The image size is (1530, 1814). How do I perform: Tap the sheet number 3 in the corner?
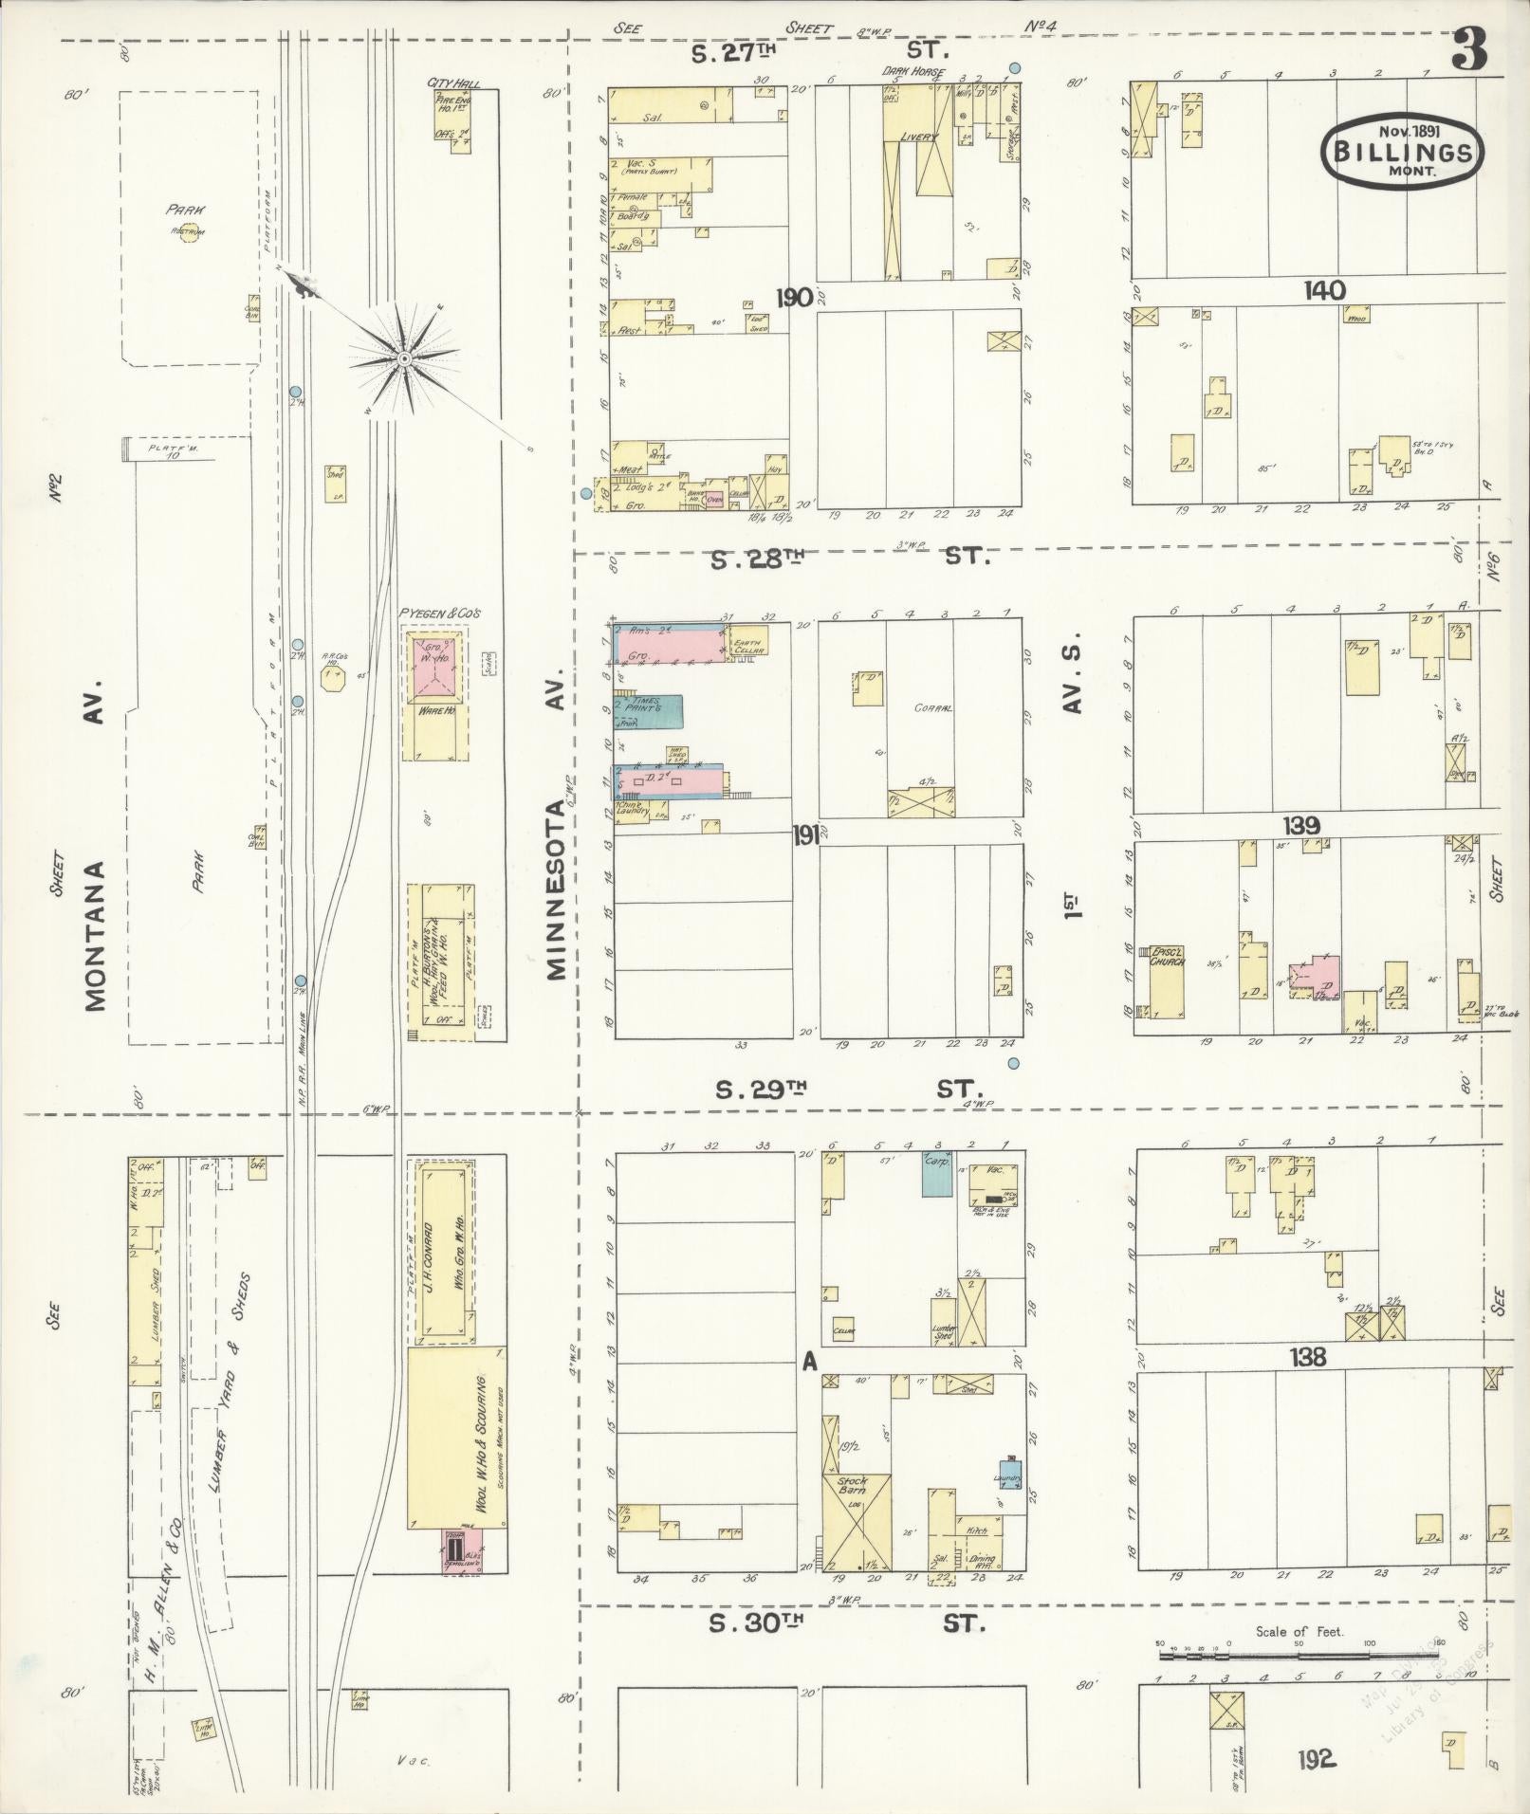coord(1469,50)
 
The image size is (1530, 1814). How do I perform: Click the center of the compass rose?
coord(404,357)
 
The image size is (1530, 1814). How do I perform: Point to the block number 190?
coord(794,299)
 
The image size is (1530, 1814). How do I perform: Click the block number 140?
coord(1323,291)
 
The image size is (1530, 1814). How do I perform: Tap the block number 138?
coord(1307,1357)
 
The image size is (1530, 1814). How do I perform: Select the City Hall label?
coord(453,83)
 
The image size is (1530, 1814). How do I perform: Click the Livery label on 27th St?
coord(917,138)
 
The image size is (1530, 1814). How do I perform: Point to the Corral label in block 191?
coord(932,707)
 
